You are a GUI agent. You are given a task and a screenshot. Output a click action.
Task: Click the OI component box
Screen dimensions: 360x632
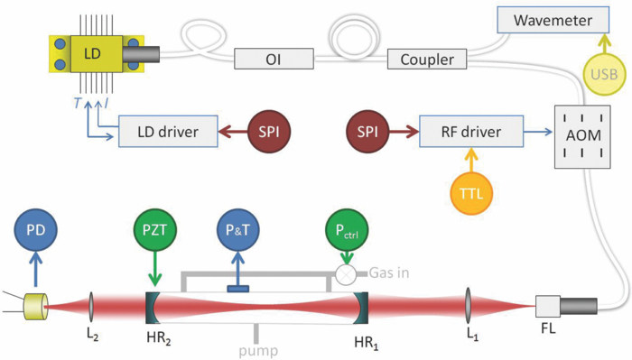pyautogui.click(x=271, y=60)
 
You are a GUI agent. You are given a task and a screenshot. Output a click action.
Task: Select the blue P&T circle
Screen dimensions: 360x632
pyautogui.click(x=238, y=232)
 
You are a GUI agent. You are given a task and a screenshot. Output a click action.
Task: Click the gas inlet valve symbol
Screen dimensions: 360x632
pyautogui.click(x=344, y=273)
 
